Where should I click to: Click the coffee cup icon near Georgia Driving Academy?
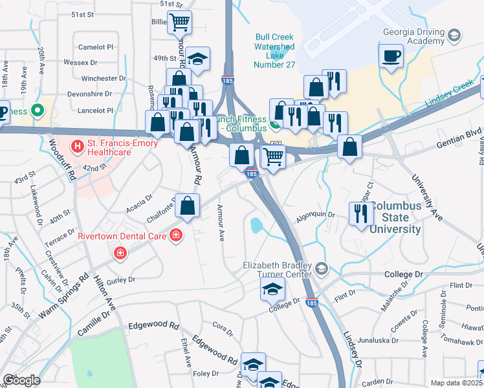pyautogui.click(x=391, y=56)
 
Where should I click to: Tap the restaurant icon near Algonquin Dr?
pyautogui.click(x=361, y=213)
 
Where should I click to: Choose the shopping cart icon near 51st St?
pyautogui.click(x=179, y=22)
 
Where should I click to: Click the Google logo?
pyautogui.click(x=22, y=380)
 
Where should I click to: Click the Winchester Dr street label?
pyautogui.click(x=104, y=78)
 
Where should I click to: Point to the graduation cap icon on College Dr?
pyautogui.click(x=272, y=288)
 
